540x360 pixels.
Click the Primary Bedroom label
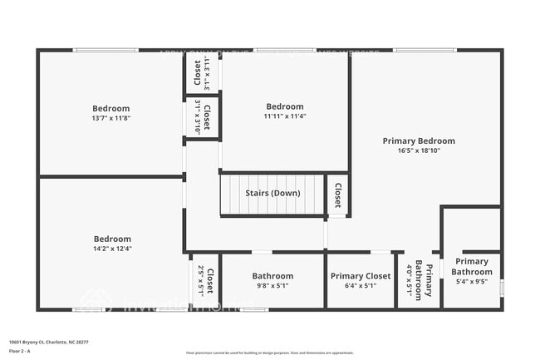pyautogui.click(x=419, y=141)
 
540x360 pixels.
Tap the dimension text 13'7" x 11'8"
pyautogui.click(x=111, y=118)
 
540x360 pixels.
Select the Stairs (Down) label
pyautogui.click(x=272, y=193)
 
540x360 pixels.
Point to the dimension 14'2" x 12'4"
pyautogui.click(x=111, y=249)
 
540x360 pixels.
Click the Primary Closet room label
pyautogui.click(x=361, y=276)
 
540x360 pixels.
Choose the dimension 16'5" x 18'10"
pyautogui.click(x=419, y=150)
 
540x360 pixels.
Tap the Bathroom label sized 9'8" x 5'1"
pyautogui.click(x=272, y=276)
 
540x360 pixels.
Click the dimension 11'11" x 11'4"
pyautogui.click(x=284, y=116)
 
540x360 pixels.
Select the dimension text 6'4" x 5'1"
pyautogui.click(x=361, y=286)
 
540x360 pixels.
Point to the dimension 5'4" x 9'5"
pyautogui.click(x=472, y=281)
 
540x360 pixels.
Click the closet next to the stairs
pyautogui.click(x=337, y=194)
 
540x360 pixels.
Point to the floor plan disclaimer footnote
pyautogui.click(x=270, y=353)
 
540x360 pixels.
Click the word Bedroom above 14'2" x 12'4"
pyautogui.click(x=111, y=239)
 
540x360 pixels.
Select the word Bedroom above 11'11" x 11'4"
pyautogui.click(x=284, y=106)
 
